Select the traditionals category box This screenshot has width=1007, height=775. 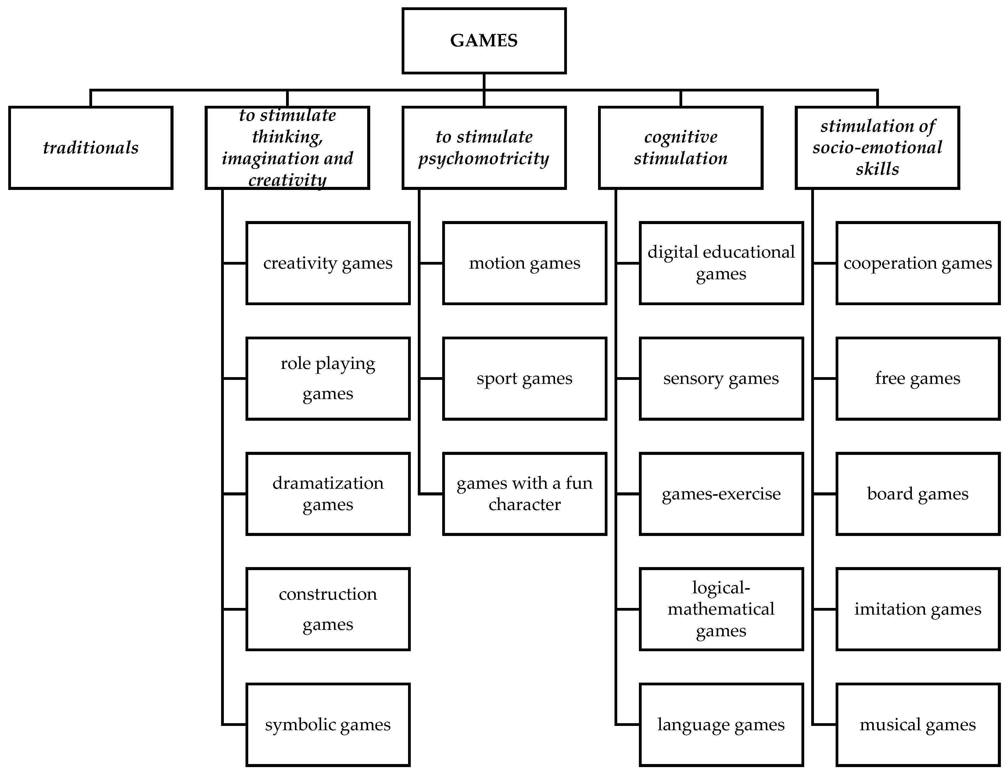pyautogui.click(x=91, y=148)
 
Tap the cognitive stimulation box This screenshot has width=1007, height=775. pyautogui.click(x=681, y=148)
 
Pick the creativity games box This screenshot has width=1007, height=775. pyautogui.click(x=328, y=263)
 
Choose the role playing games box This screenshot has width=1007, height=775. pyautogui.click(x=328, y=379)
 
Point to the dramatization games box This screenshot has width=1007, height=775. pyautogui.click(x=328, y=494)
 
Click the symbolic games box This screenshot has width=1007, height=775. pyautogui.click(x=328, y=725)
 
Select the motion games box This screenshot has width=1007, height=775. pyautogui.click(x=525, y=263)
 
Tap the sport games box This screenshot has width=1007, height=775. pyautogui.click(x=525, y=379)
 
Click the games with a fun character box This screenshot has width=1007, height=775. pyautogui.click(x=525, y=494)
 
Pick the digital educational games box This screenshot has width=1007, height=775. pyautogui.click(x=721, y=263)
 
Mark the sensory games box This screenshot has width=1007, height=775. pyautogui.click(x=721, y=379)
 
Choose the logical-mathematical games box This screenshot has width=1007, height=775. pyautogui.click(x=721, y=609)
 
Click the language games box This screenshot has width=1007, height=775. pyautogui.click(x=721, y=725)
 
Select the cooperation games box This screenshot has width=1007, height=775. pyautogui.click(x=918, y=263)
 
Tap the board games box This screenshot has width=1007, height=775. pyautogui.click(x=918, y=494)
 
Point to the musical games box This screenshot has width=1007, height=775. pyautogui.click(x=918, y=725)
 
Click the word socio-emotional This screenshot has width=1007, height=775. pyautogui.click(x=877, y=148)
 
